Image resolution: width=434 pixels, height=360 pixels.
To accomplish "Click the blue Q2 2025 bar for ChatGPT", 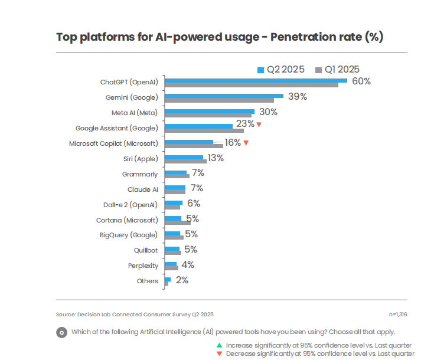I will tap(255, 80).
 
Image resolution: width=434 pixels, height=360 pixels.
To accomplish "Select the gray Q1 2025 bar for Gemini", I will tap(219, 100).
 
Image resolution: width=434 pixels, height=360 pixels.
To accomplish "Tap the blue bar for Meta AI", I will tap(210, 111).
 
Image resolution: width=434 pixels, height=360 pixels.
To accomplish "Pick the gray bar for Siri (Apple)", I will tap(185, 161).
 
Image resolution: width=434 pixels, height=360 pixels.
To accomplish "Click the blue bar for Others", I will tap(168, 279).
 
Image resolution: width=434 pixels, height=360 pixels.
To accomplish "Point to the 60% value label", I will tap(361, 81).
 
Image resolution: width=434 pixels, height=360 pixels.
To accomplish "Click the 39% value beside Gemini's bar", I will tap(298, 97).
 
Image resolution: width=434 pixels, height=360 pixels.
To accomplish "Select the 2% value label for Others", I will tap(181, 280).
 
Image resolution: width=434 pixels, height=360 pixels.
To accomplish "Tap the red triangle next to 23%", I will tap(259, 125).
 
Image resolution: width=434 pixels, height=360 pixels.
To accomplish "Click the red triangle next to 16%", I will tap(246, 143).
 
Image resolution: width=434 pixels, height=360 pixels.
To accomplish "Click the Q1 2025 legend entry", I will tap(338, 70).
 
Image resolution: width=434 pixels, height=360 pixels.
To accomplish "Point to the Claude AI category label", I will tap(143, 189).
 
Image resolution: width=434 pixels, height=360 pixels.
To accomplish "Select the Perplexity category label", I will tap(143, 266).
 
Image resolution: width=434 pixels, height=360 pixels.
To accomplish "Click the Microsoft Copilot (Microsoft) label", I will tap(113, 143).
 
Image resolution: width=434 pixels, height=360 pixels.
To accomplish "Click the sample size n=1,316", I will tap(397, 315).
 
